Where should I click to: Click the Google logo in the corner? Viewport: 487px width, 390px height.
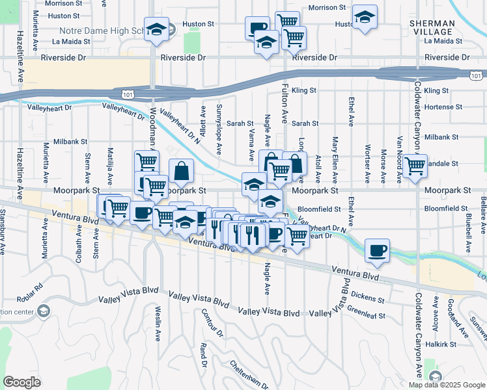coord(21,382)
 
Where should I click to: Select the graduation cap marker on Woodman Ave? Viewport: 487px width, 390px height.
coord(156,29)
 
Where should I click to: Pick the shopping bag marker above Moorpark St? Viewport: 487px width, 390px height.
coord(182,172)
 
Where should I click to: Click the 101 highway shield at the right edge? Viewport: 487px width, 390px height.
coord(476,76)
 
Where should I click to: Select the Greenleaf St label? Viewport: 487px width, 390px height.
coord(367,313)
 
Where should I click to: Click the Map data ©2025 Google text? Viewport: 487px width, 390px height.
coord(446,385)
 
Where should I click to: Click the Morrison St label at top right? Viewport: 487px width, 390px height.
coord(327,8)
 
